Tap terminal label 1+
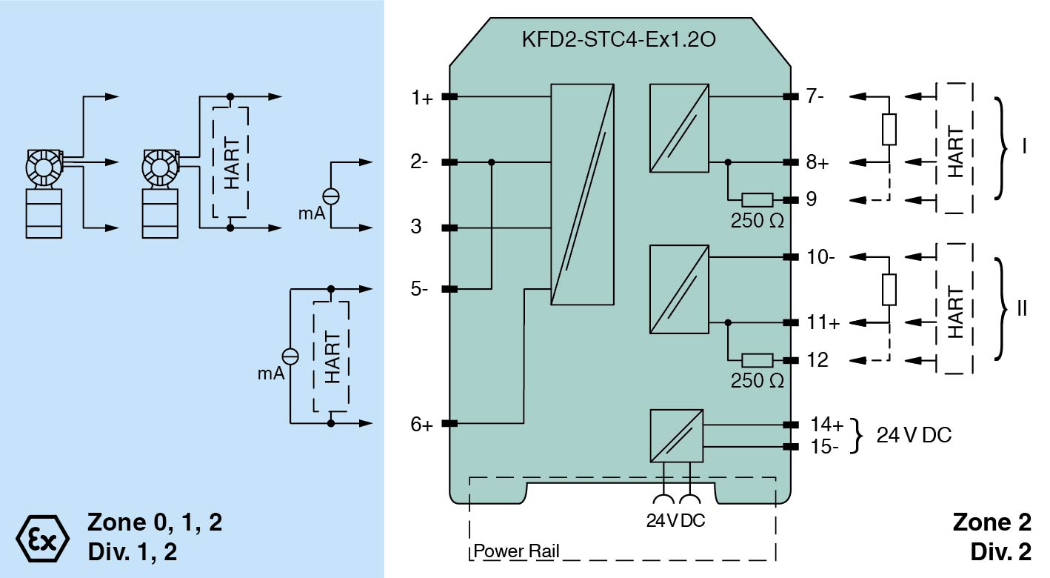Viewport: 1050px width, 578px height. (x=423, y=98)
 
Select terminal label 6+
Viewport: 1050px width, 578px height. (x=422, y=425)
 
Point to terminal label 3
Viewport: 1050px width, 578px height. (x=416, y=227)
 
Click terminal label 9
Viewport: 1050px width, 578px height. (x=812, y=200)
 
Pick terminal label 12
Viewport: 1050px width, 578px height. (x=817, y=361)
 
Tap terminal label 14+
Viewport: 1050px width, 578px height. (x=826, y=425)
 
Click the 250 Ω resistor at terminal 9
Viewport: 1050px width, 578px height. (x=757, y=200)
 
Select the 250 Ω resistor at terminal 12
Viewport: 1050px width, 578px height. (x=757, y=361)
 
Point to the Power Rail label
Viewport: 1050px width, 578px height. (x=516, y=551)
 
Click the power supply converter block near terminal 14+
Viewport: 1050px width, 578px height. (x=676, y=435)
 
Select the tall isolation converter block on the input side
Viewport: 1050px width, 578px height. (x=583, y=194)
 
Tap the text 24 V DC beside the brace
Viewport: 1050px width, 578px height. (x=914, y=436)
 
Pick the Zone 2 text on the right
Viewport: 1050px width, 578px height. (x=992, y=523)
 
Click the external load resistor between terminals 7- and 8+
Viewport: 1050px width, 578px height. (x=889, y=130)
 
